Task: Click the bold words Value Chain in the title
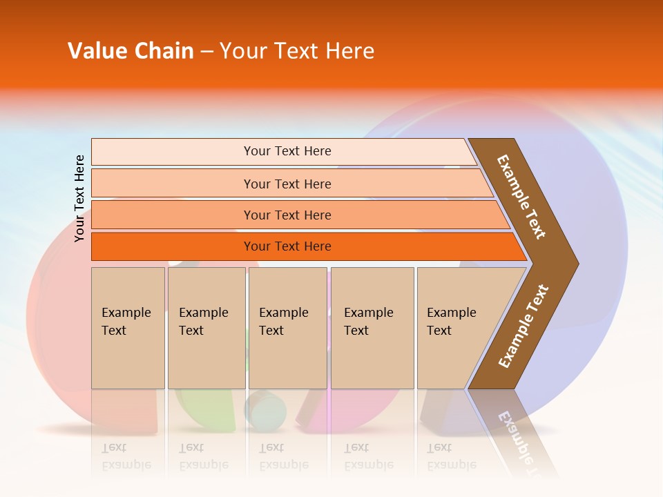coord(131,51)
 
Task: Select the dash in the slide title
coord(206,52)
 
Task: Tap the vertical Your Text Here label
coord(80,199)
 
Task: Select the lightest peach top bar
coord(283,151)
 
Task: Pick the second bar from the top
coord(290,184)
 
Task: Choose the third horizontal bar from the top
coord(297,215)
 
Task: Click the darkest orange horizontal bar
coord(304,246)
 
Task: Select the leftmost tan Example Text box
coord(128,327)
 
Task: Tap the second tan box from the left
coord(206,327)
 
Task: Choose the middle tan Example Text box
coord(287,327)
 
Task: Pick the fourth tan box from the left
coord(372,327)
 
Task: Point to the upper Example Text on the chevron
coord(521,197)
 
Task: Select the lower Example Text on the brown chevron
coord(523,327)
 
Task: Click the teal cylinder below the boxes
coord(266,411)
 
